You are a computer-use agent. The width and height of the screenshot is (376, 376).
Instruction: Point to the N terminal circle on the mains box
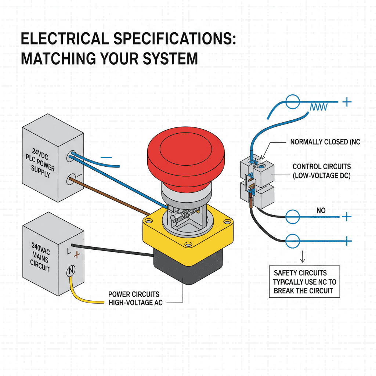pyautogui.click(x=70, y=272)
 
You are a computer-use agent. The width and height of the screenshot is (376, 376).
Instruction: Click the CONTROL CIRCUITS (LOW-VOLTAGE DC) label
pyautogui.click(x=321, y=171)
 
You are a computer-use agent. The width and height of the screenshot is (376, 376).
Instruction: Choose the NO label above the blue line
pyautogui.click(x=321, y=210)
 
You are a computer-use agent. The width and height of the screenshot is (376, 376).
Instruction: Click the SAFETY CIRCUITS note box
pyautogui.click(x=304, y=282)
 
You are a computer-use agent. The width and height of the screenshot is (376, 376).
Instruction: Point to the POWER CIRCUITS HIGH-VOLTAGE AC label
pyautogui.click(x=134, y=298)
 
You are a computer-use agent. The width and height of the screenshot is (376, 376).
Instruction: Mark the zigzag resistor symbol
pyautogui.click(x=318, y=107)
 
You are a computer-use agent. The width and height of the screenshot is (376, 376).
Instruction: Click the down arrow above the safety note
pyautogui.click(x=303, y=258)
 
